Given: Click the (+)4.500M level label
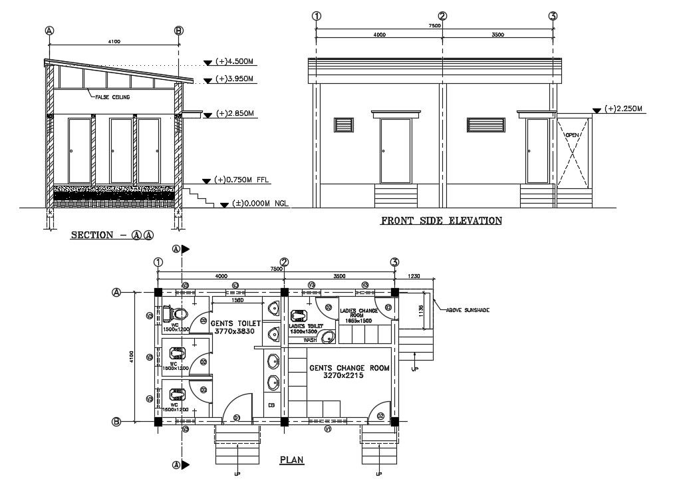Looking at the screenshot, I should click(x=235, y=62).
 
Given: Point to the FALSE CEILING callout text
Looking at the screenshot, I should click(x=112, y=97).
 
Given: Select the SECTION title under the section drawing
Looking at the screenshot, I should click(x=112, y=235).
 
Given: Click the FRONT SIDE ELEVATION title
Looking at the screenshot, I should click(x=441, y=221).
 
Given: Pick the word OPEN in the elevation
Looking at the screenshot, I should click(x=572, y=135).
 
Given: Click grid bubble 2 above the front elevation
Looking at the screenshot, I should click(x=442, y=17).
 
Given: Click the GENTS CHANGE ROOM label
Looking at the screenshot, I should click(x=348, y=368).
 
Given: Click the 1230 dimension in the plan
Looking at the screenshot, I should click(x=413, y=276).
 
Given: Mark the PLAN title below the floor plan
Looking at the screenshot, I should click(x=289, y=460).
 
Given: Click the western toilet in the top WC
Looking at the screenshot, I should click(x=178, y=313).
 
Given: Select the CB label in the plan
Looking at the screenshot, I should click(x=271, y=405).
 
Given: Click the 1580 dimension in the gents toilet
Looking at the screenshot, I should click(x=237, y=299).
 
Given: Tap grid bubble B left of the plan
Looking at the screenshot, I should click(x=116, y=421).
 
